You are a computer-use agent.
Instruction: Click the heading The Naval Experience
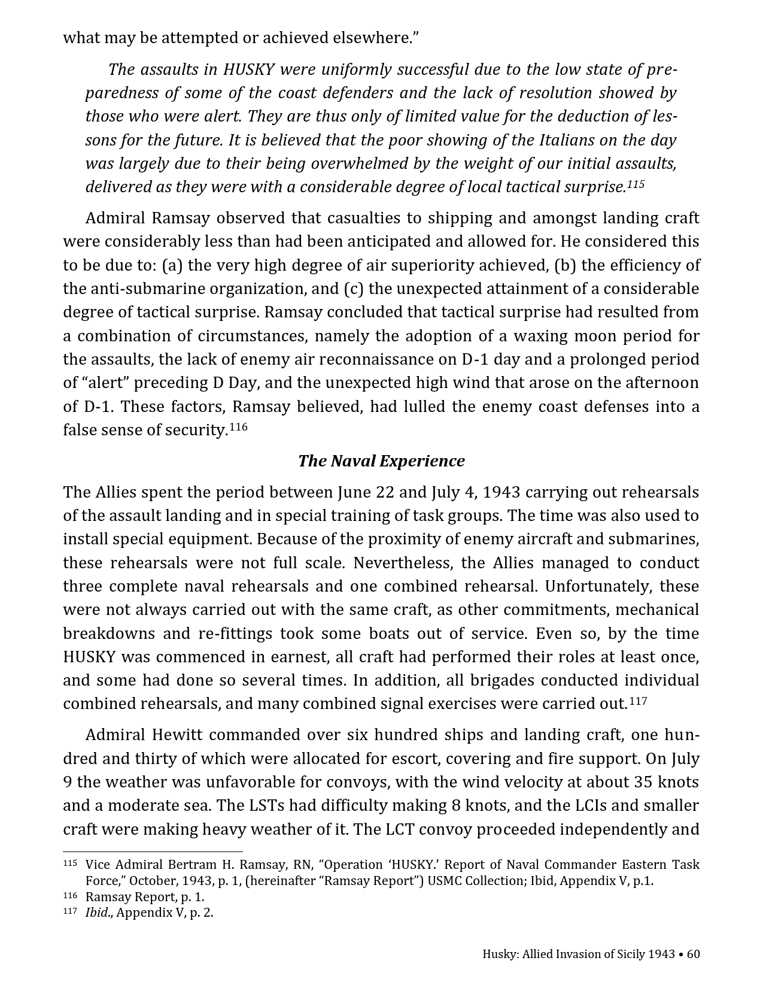tap(381, 461)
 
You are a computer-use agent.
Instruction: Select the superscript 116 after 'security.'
tap(238, 427)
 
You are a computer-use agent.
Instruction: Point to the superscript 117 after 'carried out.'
tap(638, 701)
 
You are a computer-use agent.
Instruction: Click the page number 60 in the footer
tap(693, 954)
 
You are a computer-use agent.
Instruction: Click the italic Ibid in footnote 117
tap(96, 913)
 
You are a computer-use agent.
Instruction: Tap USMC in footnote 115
tap(446, 881)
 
